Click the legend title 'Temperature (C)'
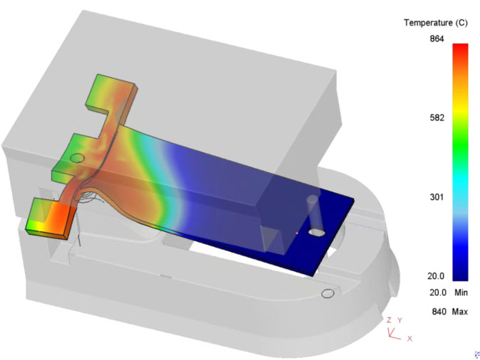click(x=435, y=23)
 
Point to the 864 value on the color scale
click(x=437, y=39)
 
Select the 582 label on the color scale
click(x=437, y=118)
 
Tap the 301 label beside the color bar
click(x=437, y=197)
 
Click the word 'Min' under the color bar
click(x=461, y=292)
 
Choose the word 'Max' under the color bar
click(x=460, y=312)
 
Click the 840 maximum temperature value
click(x=439, y=312)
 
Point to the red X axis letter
click(x=409, y=338)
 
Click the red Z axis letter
click(x=389, y=320)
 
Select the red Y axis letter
click(x=400, y=320)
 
